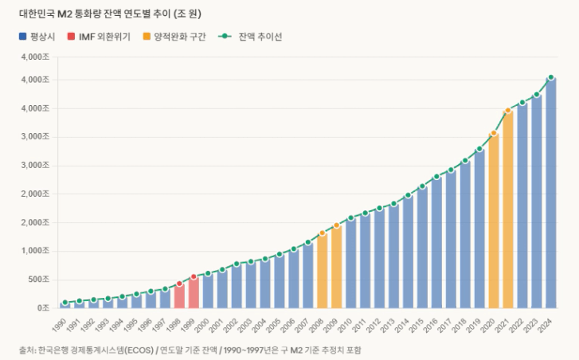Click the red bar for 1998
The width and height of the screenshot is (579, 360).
pos(179,295)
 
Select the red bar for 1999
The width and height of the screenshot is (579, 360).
pos(194,292)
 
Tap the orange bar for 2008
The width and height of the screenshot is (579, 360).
pos(323,271)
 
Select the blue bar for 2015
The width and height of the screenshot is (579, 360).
pos(422,247)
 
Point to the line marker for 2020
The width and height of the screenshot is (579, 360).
pos(494,134)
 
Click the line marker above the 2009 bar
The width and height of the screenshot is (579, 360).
pos(337,225)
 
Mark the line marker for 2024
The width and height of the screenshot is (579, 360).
pos(551,78)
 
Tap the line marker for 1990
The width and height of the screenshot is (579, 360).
pos(65,303)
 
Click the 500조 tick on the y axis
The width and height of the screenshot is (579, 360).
pos(38,280)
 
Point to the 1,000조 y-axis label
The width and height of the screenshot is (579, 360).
pos(37,251)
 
